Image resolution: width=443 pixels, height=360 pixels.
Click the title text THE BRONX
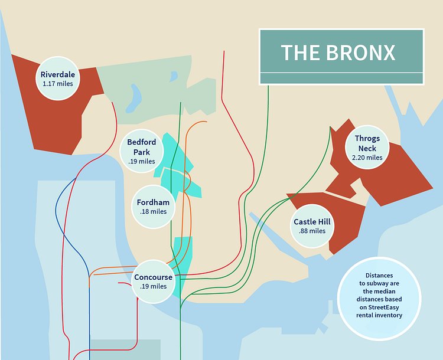(338, 53)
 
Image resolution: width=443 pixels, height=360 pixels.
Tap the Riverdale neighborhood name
(58, 75)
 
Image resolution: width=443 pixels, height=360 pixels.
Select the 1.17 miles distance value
(58, 84)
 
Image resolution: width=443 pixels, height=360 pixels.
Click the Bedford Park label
(142, 147)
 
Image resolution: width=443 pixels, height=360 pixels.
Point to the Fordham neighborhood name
(153, 202)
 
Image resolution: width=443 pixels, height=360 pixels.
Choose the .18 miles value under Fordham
(153, 211)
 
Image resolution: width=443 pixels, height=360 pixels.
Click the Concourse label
(154, 277)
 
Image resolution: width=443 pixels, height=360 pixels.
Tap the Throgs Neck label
(367, 143)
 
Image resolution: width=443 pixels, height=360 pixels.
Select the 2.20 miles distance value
(367, 158)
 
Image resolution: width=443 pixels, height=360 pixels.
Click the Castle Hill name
(312, 222)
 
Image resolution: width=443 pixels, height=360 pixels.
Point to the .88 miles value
(312, 231)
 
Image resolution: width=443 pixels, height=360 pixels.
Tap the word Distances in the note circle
(379, 276)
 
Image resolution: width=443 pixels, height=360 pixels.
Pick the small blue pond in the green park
(173, 76)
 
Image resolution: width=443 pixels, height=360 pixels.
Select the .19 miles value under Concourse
(154, 287)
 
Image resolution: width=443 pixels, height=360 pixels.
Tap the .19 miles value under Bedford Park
(142, 161)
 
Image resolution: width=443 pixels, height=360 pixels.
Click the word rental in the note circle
(364, 315)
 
